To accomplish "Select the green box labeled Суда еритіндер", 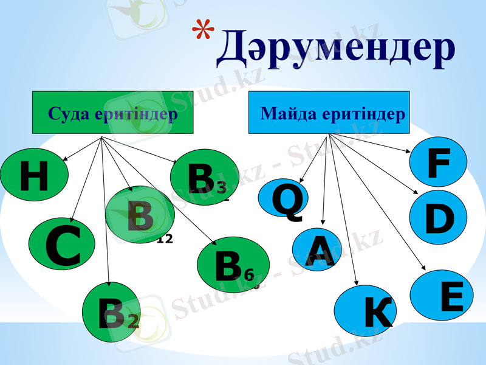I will pyautogui.click(x=112, y=113).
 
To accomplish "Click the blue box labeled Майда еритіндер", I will pyautogui.click(x=329, y=113).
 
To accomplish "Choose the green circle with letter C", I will pyautogui.click(x=62, y=245).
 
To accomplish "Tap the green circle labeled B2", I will pyautogui.click(x=112, y=314).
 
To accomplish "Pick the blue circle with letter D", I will pyautogui.click(x=438, y=217).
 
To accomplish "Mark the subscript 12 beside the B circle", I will pyautogui.click(x=165, y=238).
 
